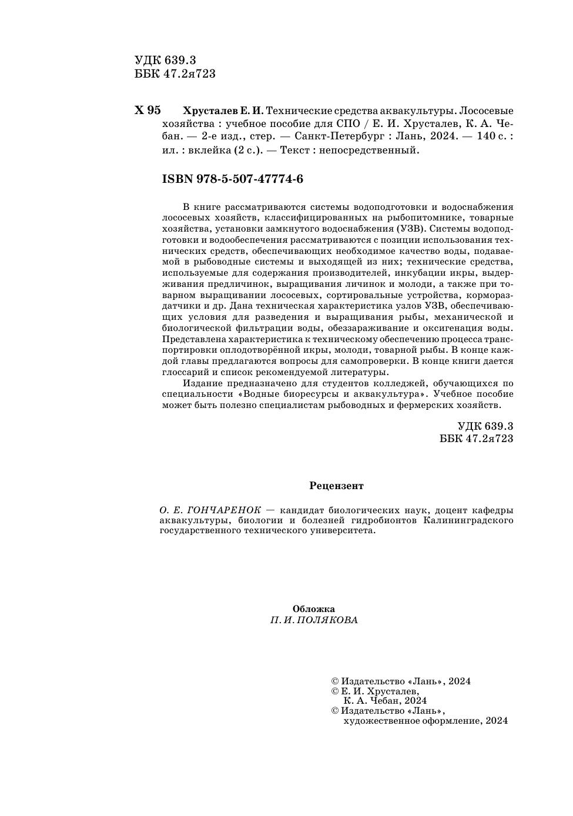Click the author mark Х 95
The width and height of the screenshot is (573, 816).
click(148, 111)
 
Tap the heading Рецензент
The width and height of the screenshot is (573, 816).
click(336, 486)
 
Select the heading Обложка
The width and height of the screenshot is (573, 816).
click(314, 610)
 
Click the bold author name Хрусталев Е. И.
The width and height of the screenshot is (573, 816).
click(224, 111)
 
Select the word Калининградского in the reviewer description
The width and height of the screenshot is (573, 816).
click(468, 520)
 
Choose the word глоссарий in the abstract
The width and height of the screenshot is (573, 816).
click(184, 372)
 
